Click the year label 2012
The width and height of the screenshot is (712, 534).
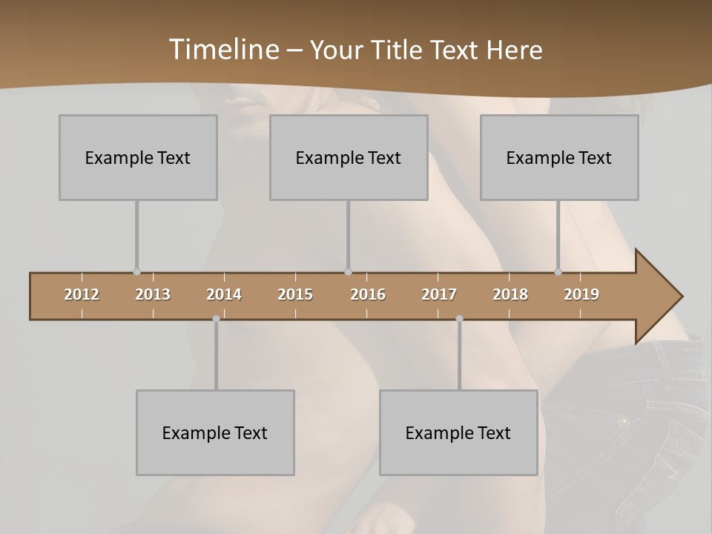point(82,294)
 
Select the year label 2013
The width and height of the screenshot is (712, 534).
point(153,294)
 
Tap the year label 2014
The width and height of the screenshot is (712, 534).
point(224,294)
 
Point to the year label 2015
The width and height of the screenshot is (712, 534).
point(295,294)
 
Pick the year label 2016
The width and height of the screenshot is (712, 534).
point(368,294)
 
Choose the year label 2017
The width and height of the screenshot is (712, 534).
point(439,294)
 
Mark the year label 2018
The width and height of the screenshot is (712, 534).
point(510,294)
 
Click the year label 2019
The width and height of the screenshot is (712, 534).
point(581,294)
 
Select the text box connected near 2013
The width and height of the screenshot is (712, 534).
point(138,157)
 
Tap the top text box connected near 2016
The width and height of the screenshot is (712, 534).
point(349,157)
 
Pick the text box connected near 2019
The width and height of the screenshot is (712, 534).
point(559,157)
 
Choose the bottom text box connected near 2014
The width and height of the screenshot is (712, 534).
point(215,432)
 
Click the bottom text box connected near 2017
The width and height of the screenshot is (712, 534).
point(458,432)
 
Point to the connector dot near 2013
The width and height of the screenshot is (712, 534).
point(136,272)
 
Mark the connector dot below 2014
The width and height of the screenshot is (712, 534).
point(216,319)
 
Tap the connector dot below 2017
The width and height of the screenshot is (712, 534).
point(459,319)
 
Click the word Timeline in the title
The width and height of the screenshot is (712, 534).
point(223,49)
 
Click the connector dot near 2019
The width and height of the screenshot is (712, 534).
point(558,272)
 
